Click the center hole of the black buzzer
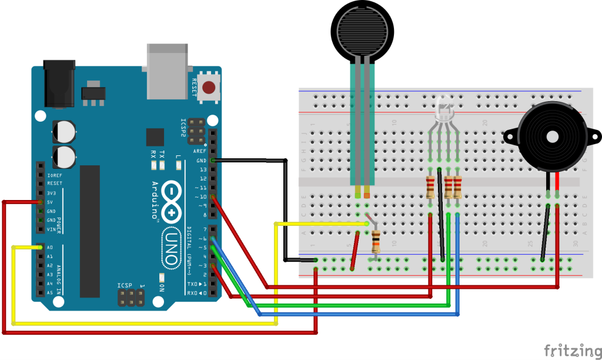click(x=553, y=136)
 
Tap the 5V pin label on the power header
click(x=51, y=202)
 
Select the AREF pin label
click(x=199, y=151)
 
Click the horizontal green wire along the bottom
click(x=347, y=306)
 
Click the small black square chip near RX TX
click(x=155, y=137)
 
